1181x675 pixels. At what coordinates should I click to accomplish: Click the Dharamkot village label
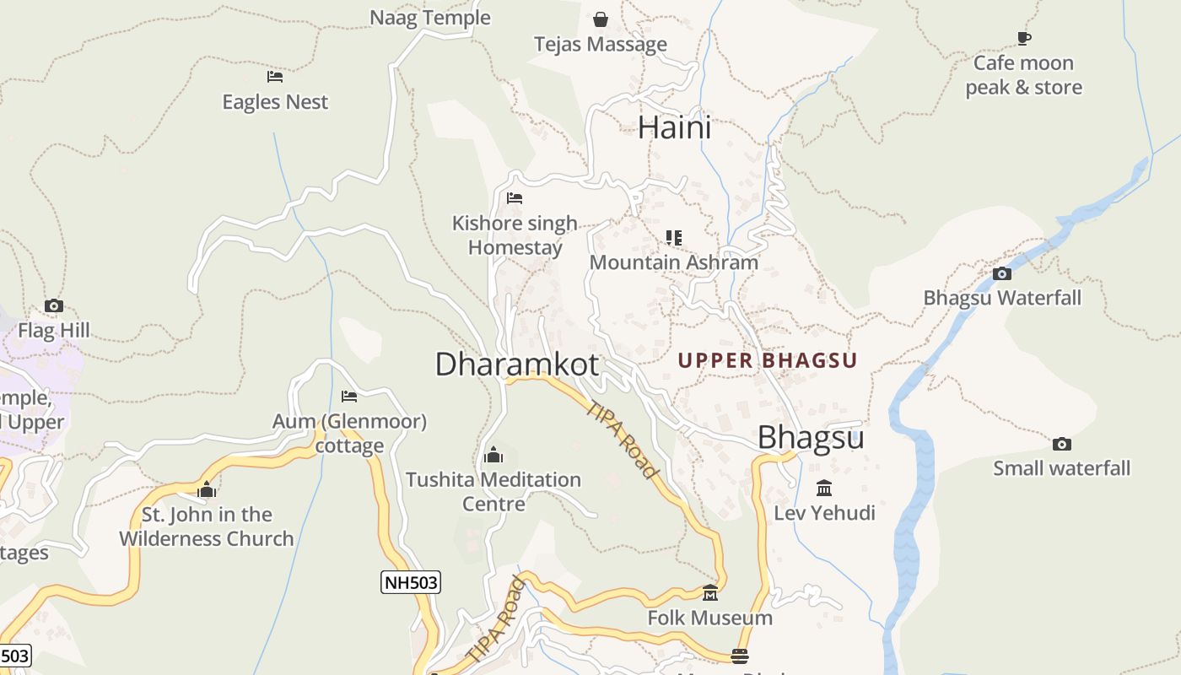(x=516, y=364)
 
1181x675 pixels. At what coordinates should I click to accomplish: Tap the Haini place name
(x=674, y=127)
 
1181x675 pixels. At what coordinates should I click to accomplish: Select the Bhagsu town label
(x=811, y=438)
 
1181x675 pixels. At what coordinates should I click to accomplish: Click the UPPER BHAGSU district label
(x=768, y=361)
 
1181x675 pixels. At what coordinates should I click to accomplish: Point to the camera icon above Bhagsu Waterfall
(x=1002, y=273)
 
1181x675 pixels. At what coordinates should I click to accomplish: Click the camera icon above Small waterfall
(x=1062, y=444)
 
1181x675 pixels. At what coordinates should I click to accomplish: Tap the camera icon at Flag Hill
(x=54, y=305)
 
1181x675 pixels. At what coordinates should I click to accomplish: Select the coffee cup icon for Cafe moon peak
(x=1024, y=38)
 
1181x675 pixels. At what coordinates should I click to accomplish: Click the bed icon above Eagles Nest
(x=275, y=77)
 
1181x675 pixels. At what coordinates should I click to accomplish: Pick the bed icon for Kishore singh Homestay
(x=515, y=198)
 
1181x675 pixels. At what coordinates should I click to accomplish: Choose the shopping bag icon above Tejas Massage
(x=601, y=19)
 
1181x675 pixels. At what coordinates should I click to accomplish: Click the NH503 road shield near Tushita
(x=411, y=582)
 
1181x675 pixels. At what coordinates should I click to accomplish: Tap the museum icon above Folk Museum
(x=710, y=593)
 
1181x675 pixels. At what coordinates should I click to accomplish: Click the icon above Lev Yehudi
(x=824, y=488)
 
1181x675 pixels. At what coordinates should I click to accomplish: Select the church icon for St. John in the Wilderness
(x=207, y=489)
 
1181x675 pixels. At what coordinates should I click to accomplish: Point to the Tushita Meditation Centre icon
(x=493, y=456)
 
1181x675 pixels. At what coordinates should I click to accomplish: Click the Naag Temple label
(x=430, y=18)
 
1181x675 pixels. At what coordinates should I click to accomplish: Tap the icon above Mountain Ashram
(x=673, y=237)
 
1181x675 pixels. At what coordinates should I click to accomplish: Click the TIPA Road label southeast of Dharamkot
(x=623, y=439)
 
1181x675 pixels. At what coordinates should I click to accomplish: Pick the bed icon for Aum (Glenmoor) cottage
(x=349, y=396)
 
